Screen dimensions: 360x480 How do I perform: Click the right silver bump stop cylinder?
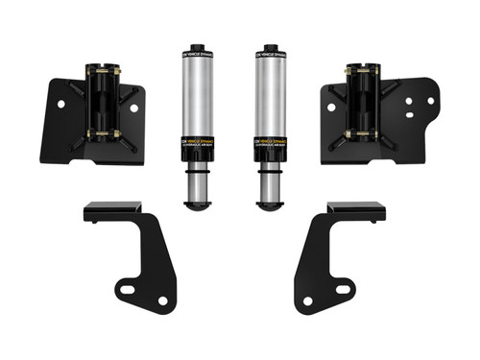[x=268, y=96]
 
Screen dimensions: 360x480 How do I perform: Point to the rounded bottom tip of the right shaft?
[x=268, y=204]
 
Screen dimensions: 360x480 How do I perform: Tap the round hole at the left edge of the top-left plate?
[x=60, y=102]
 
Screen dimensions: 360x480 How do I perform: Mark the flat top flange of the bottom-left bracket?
[x=112, y=208]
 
